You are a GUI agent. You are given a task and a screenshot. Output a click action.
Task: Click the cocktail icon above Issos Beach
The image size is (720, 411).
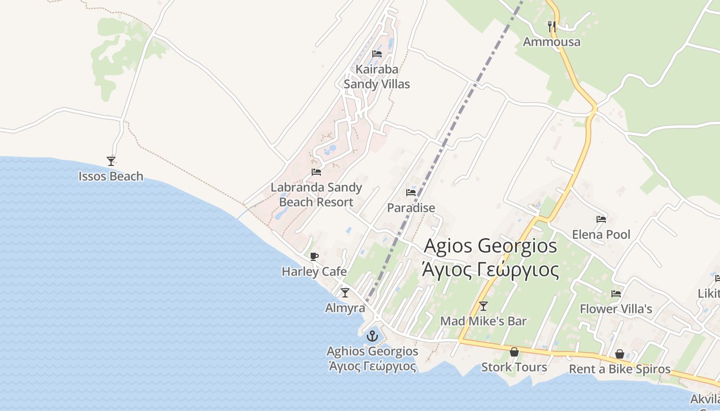(111, 161)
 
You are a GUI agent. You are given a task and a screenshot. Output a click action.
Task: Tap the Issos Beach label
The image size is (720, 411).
(111, 176)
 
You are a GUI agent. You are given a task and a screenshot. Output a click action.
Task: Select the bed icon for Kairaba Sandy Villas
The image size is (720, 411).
(377, 54)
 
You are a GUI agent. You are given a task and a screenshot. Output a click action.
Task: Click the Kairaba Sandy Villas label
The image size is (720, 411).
(377, 77)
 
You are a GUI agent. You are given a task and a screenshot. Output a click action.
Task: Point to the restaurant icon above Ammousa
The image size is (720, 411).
(552, 26)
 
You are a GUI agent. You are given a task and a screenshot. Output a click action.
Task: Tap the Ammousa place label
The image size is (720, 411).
(551, 42)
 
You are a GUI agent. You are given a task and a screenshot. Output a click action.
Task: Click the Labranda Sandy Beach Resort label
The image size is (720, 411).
(316, 195)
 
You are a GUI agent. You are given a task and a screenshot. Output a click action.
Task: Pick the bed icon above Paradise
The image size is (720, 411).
(411, 193)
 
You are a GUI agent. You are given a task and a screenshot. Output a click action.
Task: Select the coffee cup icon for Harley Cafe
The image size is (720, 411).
(314, 256)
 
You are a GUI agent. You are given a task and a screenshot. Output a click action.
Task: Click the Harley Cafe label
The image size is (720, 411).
(314, 271)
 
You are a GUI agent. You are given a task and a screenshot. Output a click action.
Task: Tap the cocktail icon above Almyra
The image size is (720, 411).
(345, 293)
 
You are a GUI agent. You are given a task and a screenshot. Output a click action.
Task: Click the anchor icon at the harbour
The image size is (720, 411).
(372, 337)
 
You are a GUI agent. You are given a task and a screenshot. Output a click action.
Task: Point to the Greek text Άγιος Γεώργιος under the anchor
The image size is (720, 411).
(372, 366)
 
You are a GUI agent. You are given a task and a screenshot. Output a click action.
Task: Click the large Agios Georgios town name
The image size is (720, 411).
(490, 246)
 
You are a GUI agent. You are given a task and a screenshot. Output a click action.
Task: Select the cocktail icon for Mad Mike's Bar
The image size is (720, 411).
(483, 306)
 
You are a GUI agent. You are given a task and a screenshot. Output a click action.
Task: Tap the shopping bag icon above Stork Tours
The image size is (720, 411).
(514, 352)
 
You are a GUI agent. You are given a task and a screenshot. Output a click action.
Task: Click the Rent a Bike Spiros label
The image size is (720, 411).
(620, 369)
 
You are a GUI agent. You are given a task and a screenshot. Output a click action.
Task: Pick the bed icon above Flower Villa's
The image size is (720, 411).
(616, 294)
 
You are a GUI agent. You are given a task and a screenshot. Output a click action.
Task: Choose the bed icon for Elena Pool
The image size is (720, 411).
(601, 219)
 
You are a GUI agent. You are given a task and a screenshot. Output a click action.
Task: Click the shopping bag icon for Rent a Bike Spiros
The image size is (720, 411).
(620, 354)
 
